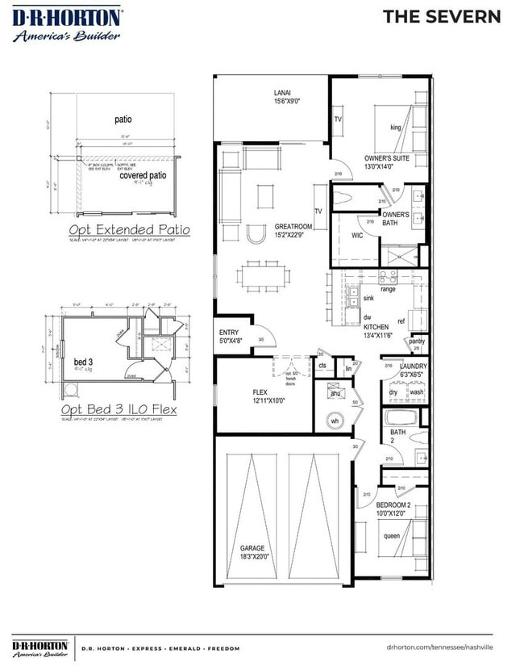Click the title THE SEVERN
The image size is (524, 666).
point(441,16)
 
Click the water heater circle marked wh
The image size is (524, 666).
point(335,420)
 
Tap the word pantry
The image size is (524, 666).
point(417,341)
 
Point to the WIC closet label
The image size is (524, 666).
point(358,236)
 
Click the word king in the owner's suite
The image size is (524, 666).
point(395,128)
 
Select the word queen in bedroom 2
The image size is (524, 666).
point(391,536)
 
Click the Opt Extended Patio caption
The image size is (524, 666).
point(129,230)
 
